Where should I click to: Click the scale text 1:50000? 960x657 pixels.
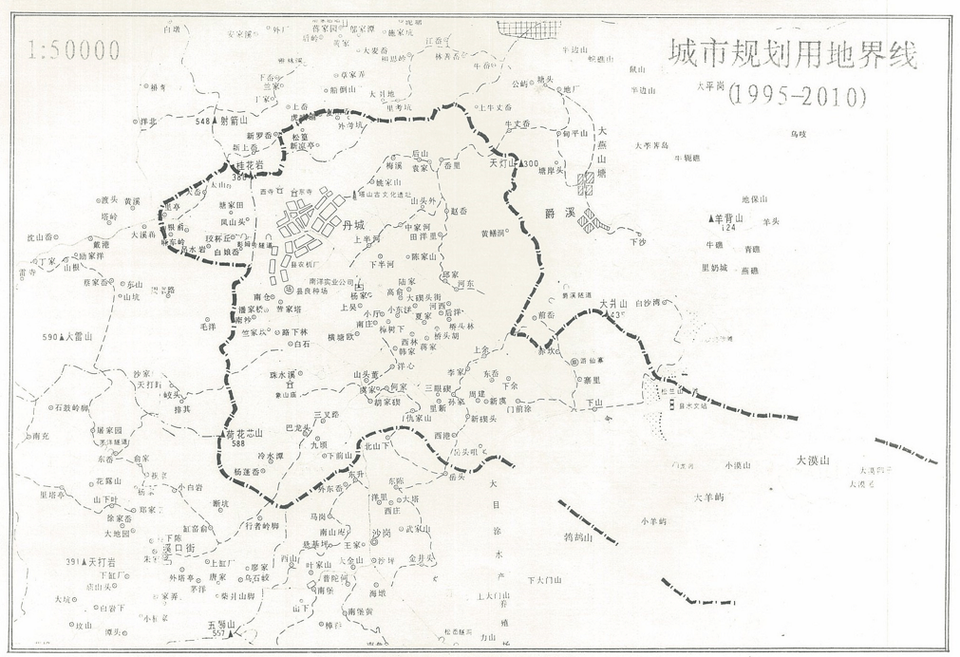pos(75,50)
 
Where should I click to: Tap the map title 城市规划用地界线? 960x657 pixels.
pos(792,54)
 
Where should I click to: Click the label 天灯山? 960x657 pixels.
pos(500,163)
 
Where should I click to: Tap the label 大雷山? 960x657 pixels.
pos(87,336)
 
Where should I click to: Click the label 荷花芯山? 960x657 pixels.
pos(244,432)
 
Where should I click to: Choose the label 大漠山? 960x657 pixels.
pos(813,460)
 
